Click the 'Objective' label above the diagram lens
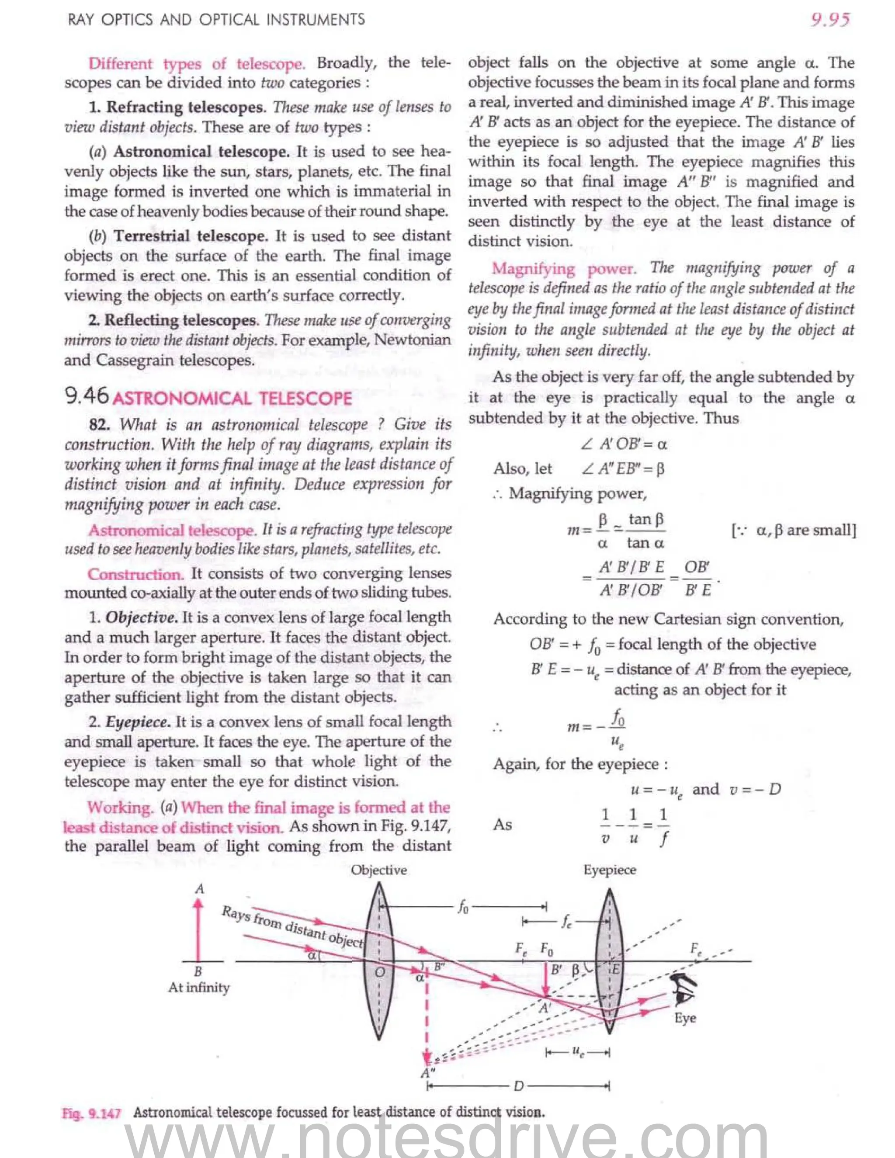[x=378, y=870]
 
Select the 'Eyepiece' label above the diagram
[x=609, y=870]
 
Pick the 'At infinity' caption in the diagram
[x=199, y=988]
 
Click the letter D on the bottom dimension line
[x=518, y=1086]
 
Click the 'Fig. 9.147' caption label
[x=91, y=1113]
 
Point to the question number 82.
[x=100, y=425]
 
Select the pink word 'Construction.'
[x=136, y=574]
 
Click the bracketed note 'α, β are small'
[x=793, y=530]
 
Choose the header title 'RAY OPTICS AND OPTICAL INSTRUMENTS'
[x=216, y=20]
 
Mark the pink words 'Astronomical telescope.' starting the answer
[x=172, y=530]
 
